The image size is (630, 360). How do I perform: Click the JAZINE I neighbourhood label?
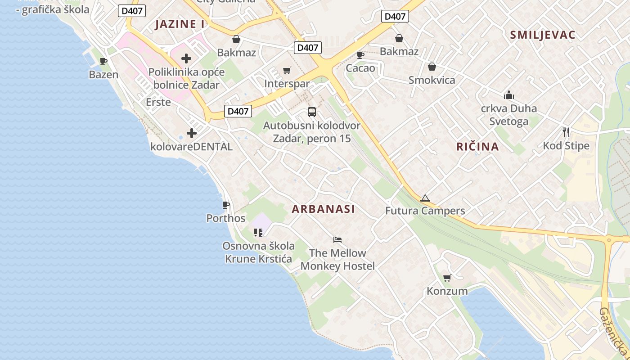180,24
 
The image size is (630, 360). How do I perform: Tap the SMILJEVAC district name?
543,35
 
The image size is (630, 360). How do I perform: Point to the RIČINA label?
477,146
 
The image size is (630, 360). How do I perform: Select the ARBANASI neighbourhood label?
323,209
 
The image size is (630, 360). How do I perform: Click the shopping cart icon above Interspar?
287,70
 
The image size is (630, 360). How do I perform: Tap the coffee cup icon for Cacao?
360,55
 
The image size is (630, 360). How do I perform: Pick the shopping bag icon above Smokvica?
432,67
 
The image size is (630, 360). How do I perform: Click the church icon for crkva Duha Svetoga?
508,95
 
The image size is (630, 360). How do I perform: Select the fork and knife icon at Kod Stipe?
566,132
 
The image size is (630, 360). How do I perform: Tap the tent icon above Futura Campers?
425,198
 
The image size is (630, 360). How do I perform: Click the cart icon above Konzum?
447,278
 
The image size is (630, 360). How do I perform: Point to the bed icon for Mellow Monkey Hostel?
337,239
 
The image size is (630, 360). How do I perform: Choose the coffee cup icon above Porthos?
225,205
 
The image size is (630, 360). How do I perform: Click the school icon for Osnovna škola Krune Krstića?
258,232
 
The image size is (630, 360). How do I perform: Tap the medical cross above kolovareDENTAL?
192,133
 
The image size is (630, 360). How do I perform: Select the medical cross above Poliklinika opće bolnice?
186,58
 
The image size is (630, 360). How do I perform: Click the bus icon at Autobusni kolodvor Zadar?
311,112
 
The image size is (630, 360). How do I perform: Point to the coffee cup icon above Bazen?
103,61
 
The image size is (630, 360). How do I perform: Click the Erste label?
158,102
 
